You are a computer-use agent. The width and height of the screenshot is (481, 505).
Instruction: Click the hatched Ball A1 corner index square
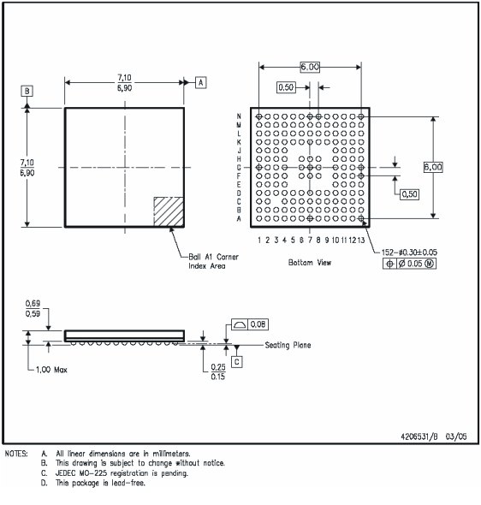(168, 211)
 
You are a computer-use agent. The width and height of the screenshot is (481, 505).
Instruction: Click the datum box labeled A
(201, 82)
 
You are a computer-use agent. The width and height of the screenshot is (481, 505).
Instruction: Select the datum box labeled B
(28, 90)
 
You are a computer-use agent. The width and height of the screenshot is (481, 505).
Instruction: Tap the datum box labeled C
(237, 361)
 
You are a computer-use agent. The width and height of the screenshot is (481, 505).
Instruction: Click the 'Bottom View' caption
(312, 263)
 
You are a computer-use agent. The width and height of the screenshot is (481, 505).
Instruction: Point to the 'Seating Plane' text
(288, 346)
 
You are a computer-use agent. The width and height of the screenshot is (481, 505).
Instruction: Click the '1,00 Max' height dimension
(49, 371)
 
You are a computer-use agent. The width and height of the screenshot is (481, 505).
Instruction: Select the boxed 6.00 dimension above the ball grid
(309, 67)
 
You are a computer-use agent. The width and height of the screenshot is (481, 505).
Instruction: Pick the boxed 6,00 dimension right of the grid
(433, 168)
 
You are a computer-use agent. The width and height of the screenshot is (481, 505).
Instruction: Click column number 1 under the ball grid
(258, 241)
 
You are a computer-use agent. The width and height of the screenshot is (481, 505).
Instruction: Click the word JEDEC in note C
(69, 472)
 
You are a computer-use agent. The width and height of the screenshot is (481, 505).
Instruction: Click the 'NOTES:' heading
(16, 454)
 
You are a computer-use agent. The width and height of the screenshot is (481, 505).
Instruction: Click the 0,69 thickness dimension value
(33, 304)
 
